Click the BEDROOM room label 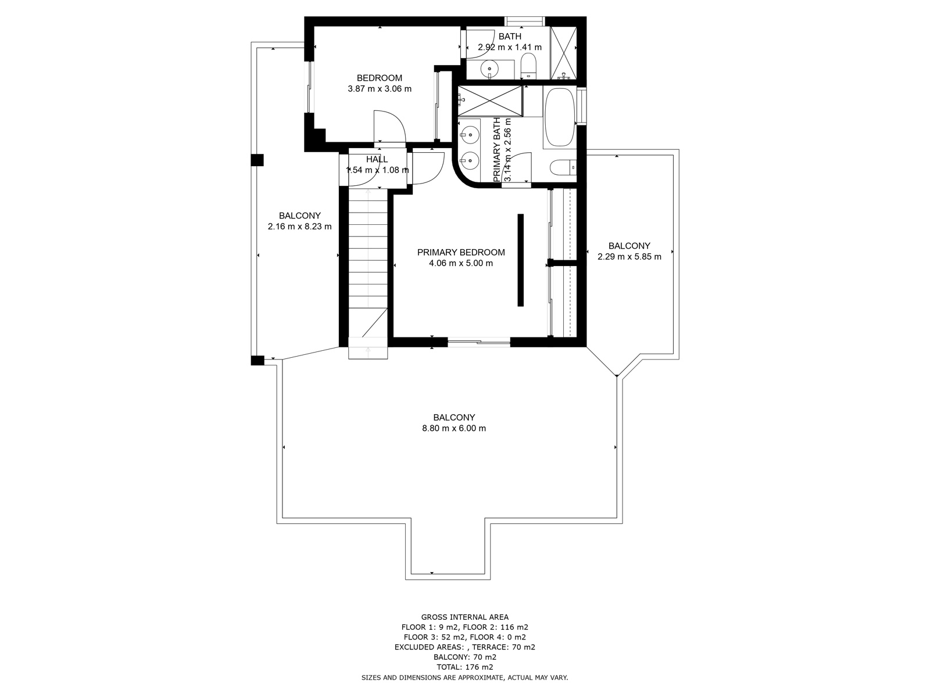pyautogui.click(x=379, y=78)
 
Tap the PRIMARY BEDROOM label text pyautogui.click(x=461, y=252)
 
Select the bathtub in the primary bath pyautogui.click(x=560, y=117)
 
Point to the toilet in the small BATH pyautogui.click(x=528, y=66)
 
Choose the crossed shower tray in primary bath pyautogui.click(x=490, y=100)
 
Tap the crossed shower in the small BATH pyautogui.click(x=563, y=53)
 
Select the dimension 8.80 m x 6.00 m pyautogui.click(x=454, y=428)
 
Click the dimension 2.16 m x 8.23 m pyautogui.click(x=299, y=227)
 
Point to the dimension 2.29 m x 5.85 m pyautogui.click(x=629, y=257)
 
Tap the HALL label pyautogui.click(x=377, y=160)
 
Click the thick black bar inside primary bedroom pyautogui.click(x=521, y=260)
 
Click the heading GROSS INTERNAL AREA pyautogui.click(x=465, y=617)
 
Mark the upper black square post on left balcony pyautogui.click(x=257, y=160)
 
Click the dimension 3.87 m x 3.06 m pyautogui.click(x=380, y=89)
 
